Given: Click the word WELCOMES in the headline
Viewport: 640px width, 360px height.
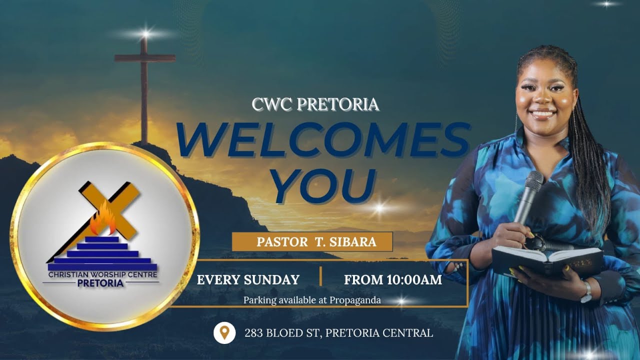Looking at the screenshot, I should pos(322,140).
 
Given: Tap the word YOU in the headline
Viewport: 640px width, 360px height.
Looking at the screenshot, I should pos(324,186).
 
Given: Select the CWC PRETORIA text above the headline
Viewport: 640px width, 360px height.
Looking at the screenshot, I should pos(315,104).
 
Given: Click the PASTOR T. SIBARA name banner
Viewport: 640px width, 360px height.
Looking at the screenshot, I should pos(312,242).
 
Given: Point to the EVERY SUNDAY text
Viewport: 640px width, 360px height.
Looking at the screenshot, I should pos(248,280).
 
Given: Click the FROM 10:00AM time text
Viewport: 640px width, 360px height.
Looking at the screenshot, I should pos(393,280).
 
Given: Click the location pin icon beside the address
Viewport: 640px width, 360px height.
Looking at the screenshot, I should pos(224,332).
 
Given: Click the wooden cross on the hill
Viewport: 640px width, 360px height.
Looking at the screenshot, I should pos(144,85).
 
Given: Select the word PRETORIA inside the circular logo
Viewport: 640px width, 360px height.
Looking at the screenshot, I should pos(100,283).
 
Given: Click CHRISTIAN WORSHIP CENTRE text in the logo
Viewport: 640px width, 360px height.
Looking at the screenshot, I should pos(102,274).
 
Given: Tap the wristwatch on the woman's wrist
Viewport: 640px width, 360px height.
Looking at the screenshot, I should pos(585,291).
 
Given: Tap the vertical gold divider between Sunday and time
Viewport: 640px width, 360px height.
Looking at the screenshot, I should pos(320,276).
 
